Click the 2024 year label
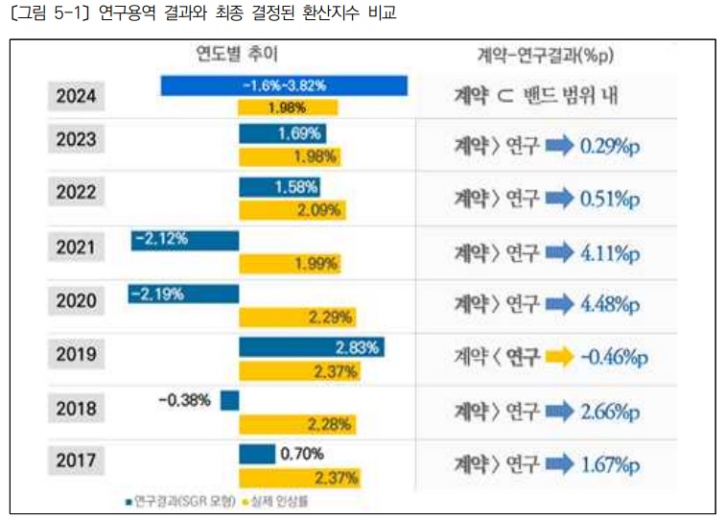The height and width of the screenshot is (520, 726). click(x=76, y=96)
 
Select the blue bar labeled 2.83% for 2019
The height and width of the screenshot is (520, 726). click(x=312, y=347)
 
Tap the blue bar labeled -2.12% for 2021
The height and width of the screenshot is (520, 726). click(x=184, y=240)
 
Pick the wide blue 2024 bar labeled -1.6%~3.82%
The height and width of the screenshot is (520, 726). click(x=284, y=85)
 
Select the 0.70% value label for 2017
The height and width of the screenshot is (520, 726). click(x=302, y=453)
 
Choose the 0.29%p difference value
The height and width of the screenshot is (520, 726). click(x=609, y=148)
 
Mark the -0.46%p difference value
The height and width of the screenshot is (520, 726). click(x=615, y=358)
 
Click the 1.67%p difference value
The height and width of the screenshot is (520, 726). click(x=609, y=466)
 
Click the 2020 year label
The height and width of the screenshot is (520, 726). click(x=76, y=301)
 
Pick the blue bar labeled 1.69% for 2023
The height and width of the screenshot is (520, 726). click(x=282, y=134)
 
